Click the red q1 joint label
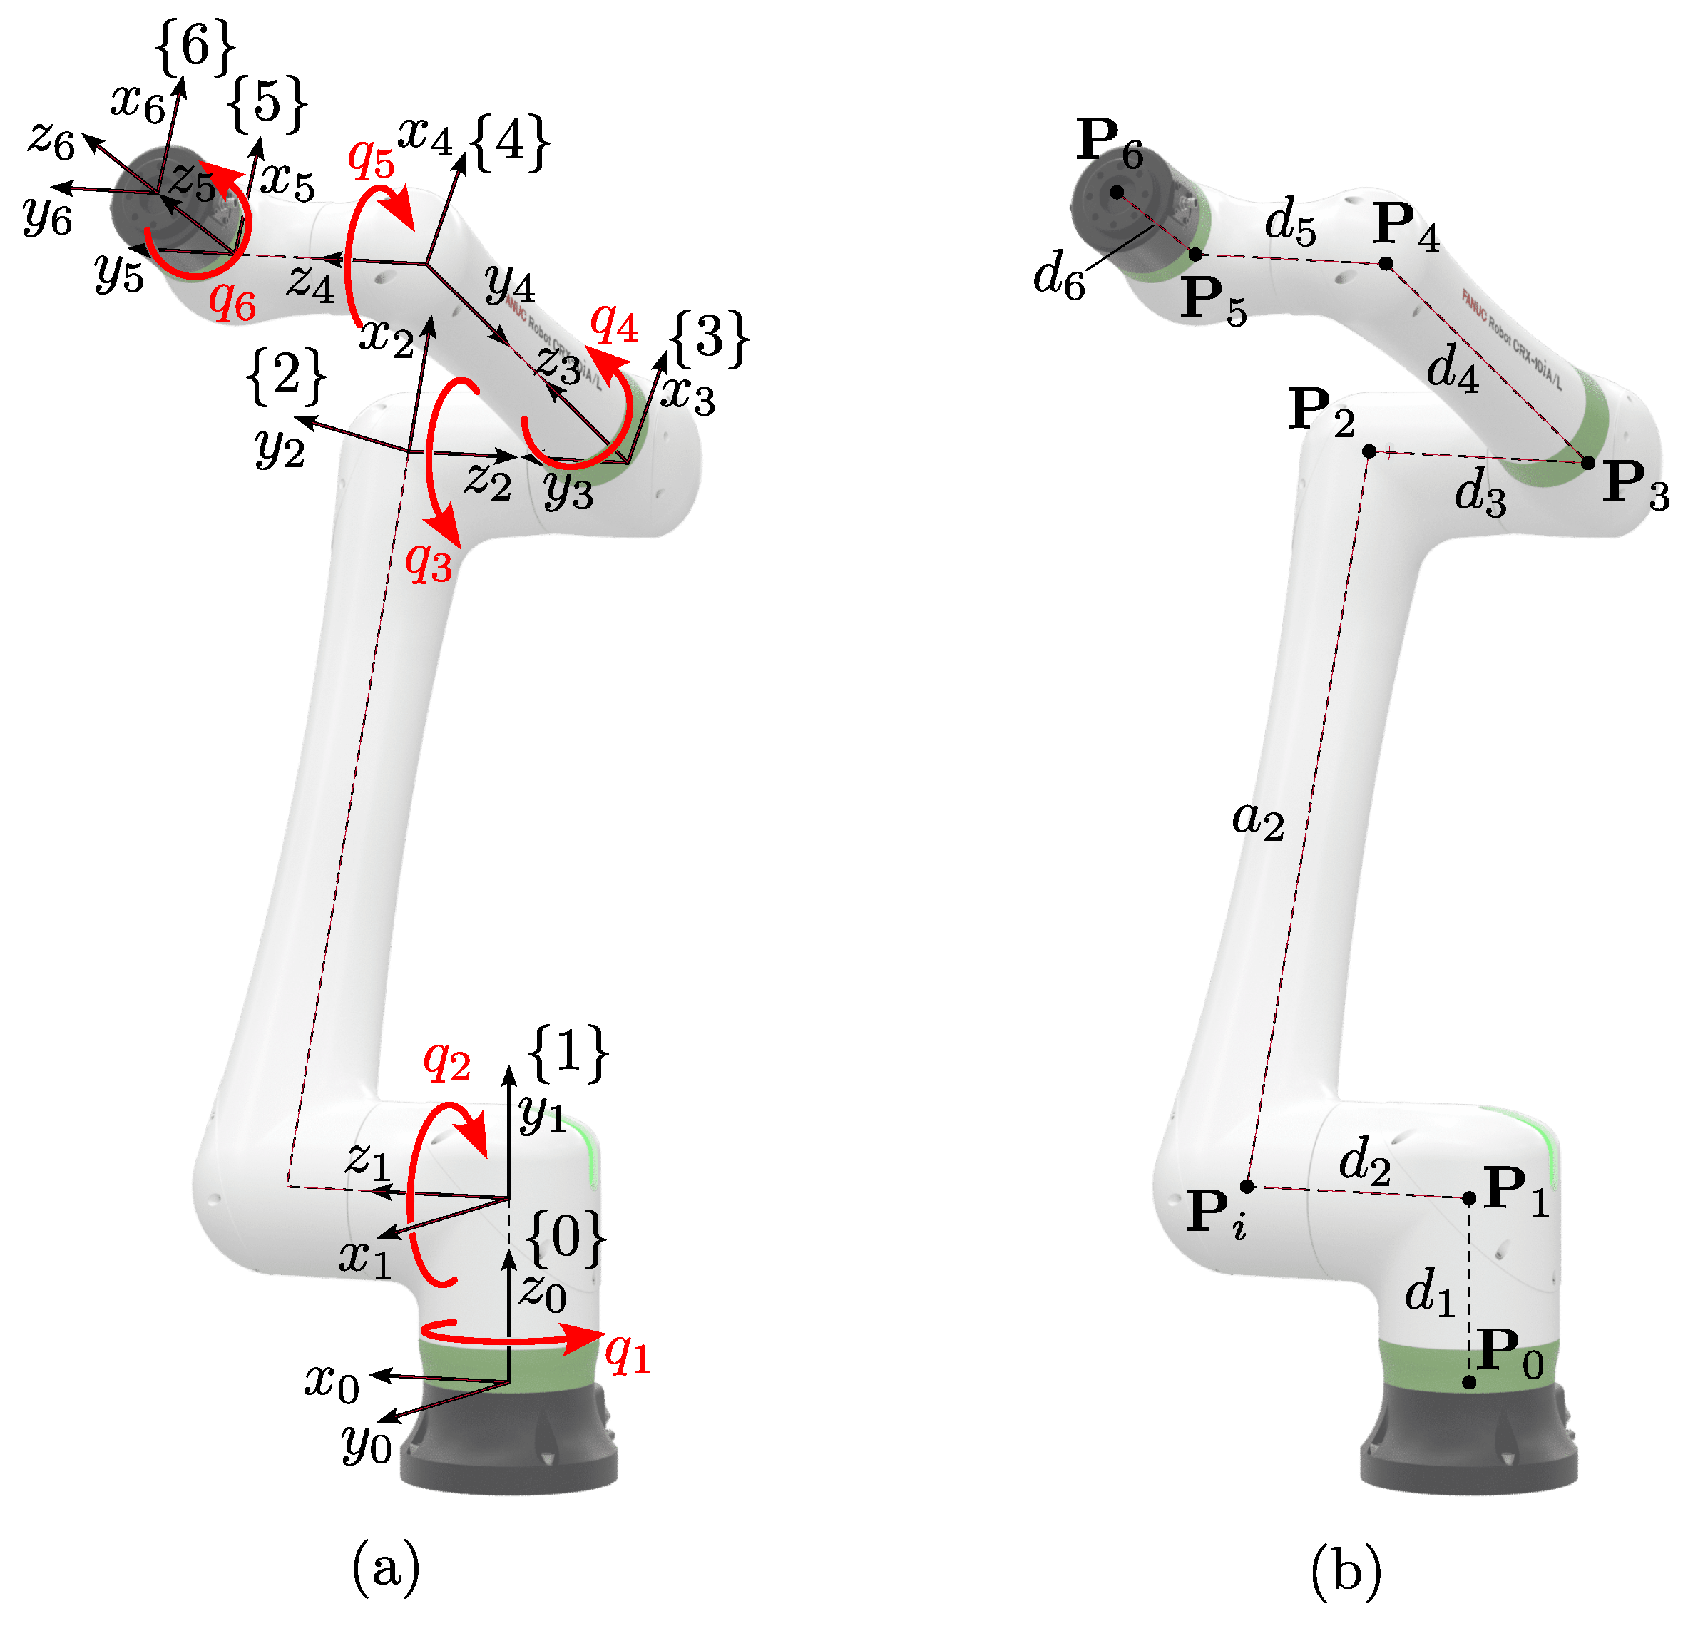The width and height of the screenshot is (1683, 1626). click(627, 1356)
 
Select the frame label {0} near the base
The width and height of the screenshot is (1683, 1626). click(565, 1239)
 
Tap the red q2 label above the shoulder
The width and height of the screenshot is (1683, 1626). click(446, 1062)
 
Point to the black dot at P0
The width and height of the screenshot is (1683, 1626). click(1469, 1382)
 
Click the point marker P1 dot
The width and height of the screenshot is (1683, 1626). click(1469, 1197)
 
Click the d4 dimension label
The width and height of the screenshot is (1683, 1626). click(1453, 367)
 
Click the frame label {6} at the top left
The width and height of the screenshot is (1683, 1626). click(195, 45)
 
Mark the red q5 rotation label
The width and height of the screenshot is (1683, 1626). click(371, 160)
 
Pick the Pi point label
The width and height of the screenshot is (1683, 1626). click(1215, 1214)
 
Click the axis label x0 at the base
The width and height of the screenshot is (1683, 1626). click(332, 1382)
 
